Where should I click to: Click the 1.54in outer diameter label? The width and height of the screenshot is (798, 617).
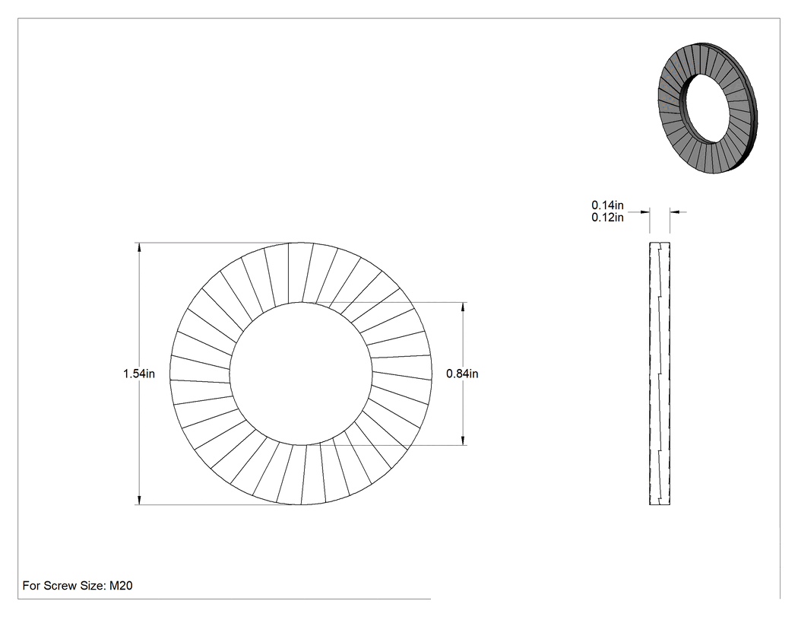pyautogui.click(x=139, y=374)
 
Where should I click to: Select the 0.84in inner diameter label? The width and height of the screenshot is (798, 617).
pyautogui.click(x=462, y=374)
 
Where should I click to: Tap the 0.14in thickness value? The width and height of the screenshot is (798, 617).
pyautogui.click(x=607, y=205)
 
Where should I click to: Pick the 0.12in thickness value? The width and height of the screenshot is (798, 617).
pyautogui.click(x=607, y=218)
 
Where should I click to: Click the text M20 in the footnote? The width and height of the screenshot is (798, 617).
pyautogui.click(x=121, y=586)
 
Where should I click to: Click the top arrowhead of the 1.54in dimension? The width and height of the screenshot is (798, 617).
pyautogui.click(x=138, y=248)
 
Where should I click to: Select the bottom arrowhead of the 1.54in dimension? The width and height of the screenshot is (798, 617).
pyautogui.click(x=138, y=499)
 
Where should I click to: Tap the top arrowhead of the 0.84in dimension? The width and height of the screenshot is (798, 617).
pyautogui.click(x=463, y=308)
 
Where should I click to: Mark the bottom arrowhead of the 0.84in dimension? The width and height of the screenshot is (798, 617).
pyautogui.click(x=463, y=440)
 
